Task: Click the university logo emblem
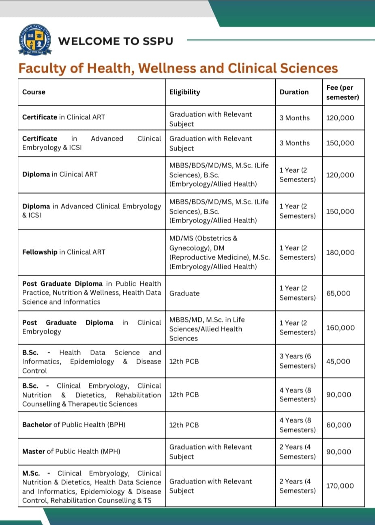[35, 41]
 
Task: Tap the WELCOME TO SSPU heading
[116, 41]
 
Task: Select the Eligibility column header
[184, 92]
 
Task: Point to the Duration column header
[294, 92]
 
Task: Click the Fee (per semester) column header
[343, 92]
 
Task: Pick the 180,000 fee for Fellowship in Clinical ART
[340, 252]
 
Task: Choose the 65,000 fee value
[338, 293]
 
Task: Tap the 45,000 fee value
[338, 361]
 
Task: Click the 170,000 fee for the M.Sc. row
[340, 486]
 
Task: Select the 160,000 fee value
[340, 328]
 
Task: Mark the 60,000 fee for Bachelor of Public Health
[339, 425]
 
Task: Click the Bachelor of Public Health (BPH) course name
[74, 425]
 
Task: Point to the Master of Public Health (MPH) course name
[71, 451]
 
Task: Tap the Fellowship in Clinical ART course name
[64, 252]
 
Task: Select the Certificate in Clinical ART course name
[63, 117]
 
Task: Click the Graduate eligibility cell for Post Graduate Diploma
[184, 293]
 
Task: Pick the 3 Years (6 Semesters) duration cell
[297, 361]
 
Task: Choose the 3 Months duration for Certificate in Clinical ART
[294, 118]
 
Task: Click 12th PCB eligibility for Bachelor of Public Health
[184, 425]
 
